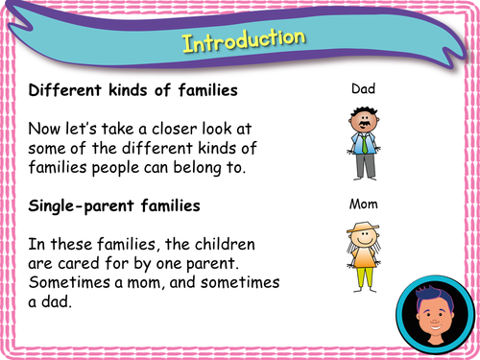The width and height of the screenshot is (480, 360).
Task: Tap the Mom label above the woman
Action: click(x=363, y=204)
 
